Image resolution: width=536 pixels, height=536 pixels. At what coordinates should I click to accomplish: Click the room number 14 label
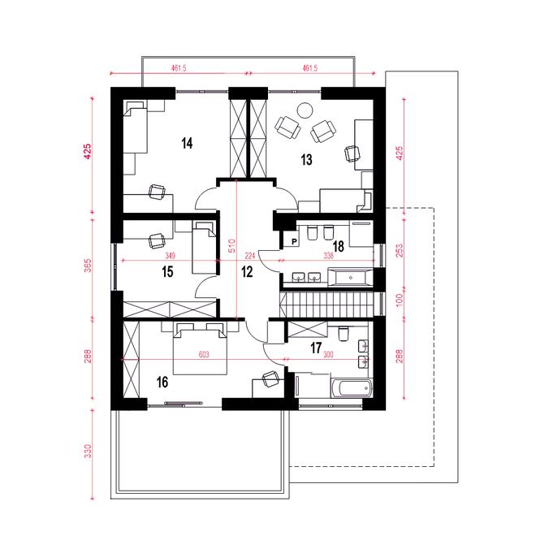[x=187, y=143]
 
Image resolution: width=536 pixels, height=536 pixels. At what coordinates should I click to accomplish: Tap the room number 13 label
[x=307, y=160]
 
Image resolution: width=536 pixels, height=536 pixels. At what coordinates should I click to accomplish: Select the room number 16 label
[x=162, y=382]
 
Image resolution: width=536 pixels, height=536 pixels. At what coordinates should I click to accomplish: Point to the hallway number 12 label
[x=247, y=272]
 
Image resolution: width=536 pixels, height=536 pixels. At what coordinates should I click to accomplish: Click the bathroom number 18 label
[x=339, y=246]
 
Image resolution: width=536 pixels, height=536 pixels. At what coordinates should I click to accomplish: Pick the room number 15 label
[x=167, y=272]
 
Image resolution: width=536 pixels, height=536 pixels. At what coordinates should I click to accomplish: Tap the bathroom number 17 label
[x=316, y=348]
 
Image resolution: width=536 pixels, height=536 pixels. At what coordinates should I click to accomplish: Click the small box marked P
[x=294, y=242]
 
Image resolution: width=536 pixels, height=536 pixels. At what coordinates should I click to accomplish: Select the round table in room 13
[x=305, y=110]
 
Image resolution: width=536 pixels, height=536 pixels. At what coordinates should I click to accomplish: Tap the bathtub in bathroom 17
[x=352, y=388]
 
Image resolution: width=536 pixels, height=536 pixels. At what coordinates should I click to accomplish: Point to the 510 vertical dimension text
[x=231, y=245]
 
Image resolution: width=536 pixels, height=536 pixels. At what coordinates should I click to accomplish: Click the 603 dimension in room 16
[x=204, y=354]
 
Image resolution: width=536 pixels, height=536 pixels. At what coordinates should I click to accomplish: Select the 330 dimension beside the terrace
[x=88, y=452]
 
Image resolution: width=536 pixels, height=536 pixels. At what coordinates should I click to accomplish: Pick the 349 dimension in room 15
[x=171, y=255]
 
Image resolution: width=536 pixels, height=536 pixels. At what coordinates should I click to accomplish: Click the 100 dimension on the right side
[x=400, y=300]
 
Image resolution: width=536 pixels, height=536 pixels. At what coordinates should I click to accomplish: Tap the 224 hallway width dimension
[x=250, y=255]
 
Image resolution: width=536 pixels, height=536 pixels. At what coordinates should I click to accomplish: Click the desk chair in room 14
[x=158, y=192]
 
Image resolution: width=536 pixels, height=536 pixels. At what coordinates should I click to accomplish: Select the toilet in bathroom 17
[x=343, y=334]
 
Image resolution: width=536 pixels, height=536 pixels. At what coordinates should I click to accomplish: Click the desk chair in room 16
[x=271, y=379]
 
